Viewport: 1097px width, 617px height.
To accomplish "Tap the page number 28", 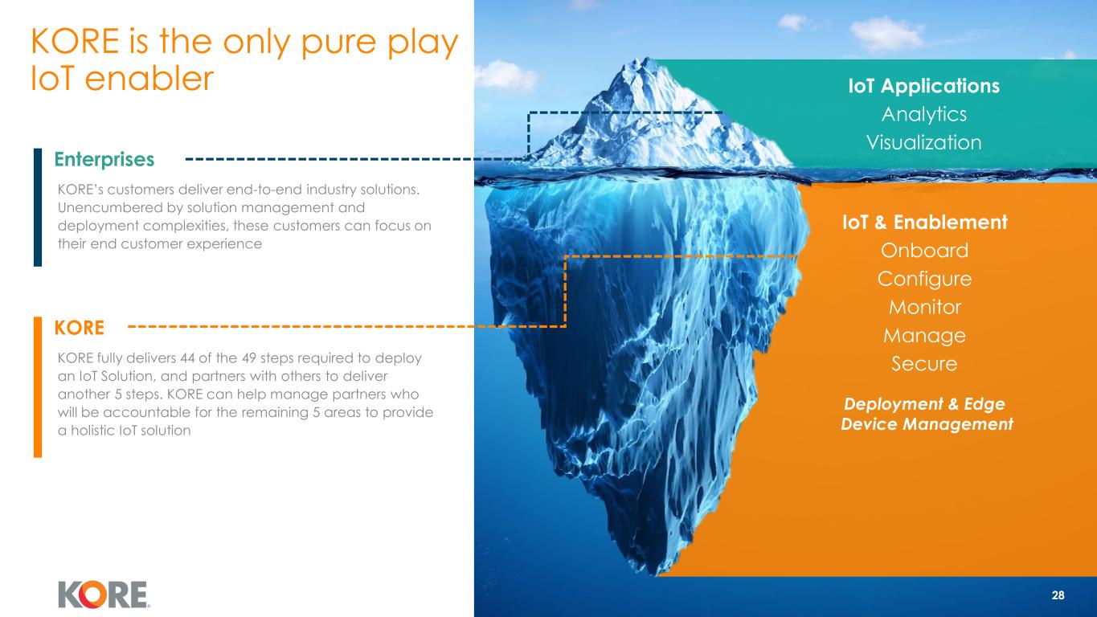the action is [x=1058, y=595].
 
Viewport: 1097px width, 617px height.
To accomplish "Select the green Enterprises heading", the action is [x=104, y=160].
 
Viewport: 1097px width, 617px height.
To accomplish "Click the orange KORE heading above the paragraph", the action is [x=80, y=328].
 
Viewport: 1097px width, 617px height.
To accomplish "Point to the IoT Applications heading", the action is [x=923, y=86].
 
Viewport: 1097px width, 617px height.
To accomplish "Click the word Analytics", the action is [x=924, y=114].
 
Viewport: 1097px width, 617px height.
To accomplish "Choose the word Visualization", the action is [x=924, y=142].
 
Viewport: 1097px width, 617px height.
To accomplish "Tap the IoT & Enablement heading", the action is [x=924, y=223].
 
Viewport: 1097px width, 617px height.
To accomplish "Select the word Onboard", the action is [x=924, y=250].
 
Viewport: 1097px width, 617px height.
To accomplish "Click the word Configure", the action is [x=924, y=279].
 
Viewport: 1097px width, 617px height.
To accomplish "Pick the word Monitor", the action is [x=924, y=307].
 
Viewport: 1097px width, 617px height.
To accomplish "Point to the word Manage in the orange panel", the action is [x=924, y=336].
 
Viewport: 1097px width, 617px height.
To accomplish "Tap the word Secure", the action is [x=924, y=364].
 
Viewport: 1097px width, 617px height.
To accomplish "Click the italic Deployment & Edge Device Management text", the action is [x=927, y=414].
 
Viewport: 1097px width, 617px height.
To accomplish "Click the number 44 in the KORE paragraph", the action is [x=187, y=358].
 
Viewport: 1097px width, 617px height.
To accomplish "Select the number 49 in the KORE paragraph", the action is [x=249, y=358].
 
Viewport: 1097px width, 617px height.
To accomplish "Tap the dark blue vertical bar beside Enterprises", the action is [x=38, y=207].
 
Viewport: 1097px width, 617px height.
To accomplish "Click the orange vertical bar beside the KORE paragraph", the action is [x=38, y=387].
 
